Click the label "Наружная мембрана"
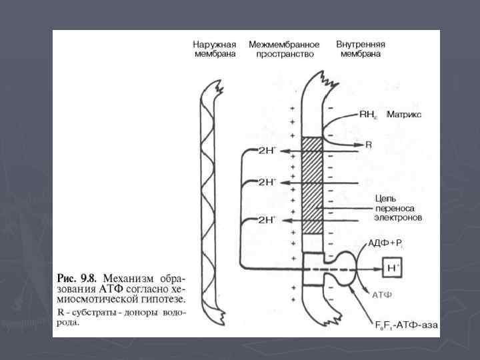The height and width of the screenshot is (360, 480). [214, 49]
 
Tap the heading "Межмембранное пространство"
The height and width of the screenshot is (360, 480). [283, 49]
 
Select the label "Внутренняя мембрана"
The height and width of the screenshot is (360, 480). [361, 49]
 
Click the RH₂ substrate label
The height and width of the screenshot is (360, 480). [368, 115]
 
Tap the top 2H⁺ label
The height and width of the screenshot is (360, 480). [267, 151]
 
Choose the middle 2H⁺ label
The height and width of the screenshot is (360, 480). [267, 181]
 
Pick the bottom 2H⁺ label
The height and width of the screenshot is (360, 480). [267, 220]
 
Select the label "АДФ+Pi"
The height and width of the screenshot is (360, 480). [385, 243]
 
